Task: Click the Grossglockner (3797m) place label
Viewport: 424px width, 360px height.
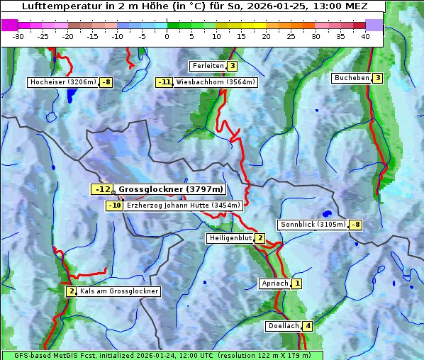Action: [170, 189]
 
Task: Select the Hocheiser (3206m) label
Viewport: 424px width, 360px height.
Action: [62, 82]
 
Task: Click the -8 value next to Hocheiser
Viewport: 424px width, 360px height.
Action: [106, 82]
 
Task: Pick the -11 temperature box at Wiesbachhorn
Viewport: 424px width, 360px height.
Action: [164, 82]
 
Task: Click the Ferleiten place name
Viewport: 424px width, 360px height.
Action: [208, 66]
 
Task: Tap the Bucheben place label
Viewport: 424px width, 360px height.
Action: [352, 78]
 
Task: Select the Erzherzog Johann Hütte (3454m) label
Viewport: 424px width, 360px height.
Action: [184, 206]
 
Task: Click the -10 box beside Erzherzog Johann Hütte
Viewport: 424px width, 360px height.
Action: [114, 206]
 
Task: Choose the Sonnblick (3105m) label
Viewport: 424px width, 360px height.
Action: [313, 225]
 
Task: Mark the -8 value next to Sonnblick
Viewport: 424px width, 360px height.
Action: [356, 225]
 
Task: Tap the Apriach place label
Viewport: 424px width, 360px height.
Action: [274, 283]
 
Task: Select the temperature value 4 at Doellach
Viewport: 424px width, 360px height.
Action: [306, 327]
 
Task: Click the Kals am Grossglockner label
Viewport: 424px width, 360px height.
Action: [118, 291]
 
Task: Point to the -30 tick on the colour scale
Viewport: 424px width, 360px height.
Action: [18, 36]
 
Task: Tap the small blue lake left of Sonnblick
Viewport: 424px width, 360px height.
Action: [326, 213]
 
